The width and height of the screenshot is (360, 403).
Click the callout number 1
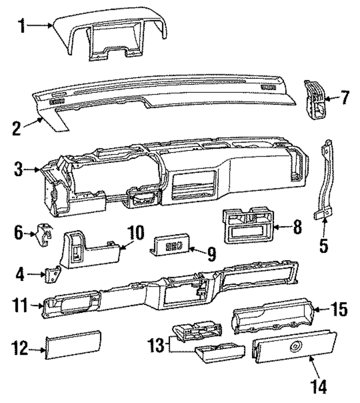pos(21,26)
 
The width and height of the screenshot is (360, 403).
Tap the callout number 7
pos(345,97)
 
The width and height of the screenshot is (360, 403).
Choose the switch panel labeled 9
pos(171,246)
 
